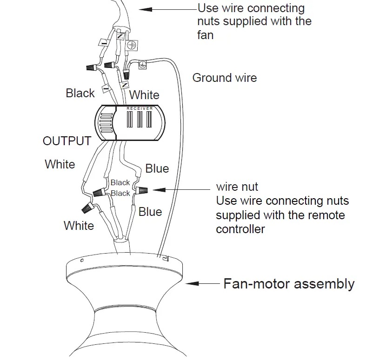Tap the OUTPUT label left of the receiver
click(67, 141)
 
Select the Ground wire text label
click(224, 77)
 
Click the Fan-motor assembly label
click(289, 283)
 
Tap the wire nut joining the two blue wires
click(142, 190)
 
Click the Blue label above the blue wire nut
click(157, 168)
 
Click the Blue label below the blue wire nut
click(150, 212)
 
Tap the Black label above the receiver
click(80, 93)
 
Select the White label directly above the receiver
click(144, 95)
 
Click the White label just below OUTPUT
click(60, 164)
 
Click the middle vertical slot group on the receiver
click(140, 120)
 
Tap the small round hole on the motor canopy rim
click(82, 261)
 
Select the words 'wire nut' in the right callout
click(237, 187)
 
